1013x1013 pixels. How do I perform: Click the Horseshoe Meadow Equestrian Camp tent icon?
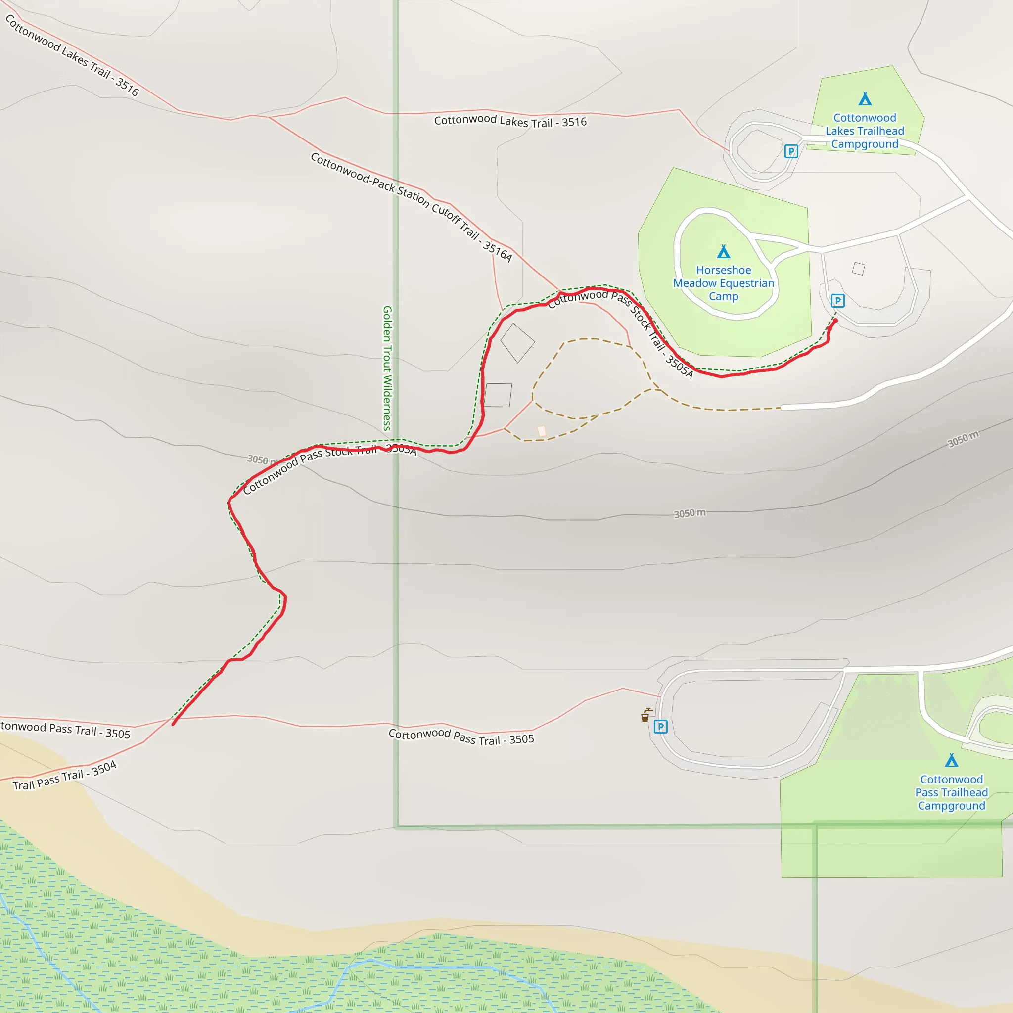[x=724, y=252]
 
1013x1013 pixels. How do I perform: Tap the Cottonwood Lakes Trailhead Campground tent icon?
[x=865, y=98]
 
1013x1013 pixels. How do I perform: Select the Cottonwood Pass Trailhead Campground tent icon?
[x=951, y=760]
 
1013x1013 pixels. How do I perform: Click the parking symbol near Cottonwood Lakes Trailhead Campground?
[x=791, y=151]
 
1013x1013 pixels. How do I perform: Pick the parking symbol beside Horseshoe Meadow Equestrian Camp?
[x=837, y=300]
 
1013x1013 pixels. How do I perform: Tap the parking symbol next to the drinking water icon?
[x=660, y=726]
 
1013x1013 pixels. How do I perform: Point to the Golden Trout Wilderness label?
[x=387, y=368]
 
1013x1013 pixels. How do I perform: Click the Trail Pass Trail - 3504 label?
[x=64, y=776]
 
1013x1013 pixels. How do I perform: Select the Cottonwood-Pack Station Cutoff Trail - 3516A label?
[x=411, y=207]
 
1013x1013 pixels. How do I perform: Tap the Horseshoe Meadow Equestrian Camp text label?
[x=724, y=283]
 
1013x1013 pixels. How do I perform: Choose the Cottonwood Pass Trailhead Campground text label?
[x=951, y=792]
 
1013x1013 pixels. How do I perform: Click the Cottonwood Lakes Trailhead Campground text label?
[x=865, y=131]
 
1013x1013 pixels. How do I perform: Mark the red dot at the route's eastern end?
[x=836, y=321]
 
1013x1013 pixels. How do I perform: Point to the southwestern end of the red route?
[x=173, y=724]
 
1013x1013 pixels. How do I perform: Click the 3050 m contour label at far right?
[x=963, y=439]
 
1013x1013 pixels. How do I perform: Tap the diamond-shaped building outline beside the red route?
[x=517, y=343]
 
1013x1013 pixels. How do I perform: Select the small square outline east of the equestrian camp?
[x=858, y=269]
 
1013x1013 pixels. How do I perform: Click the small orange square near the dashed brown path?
[x=542, y=431]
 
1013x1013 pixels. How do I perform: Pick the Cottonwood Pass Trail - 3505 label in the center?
[x=461, y=736]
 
